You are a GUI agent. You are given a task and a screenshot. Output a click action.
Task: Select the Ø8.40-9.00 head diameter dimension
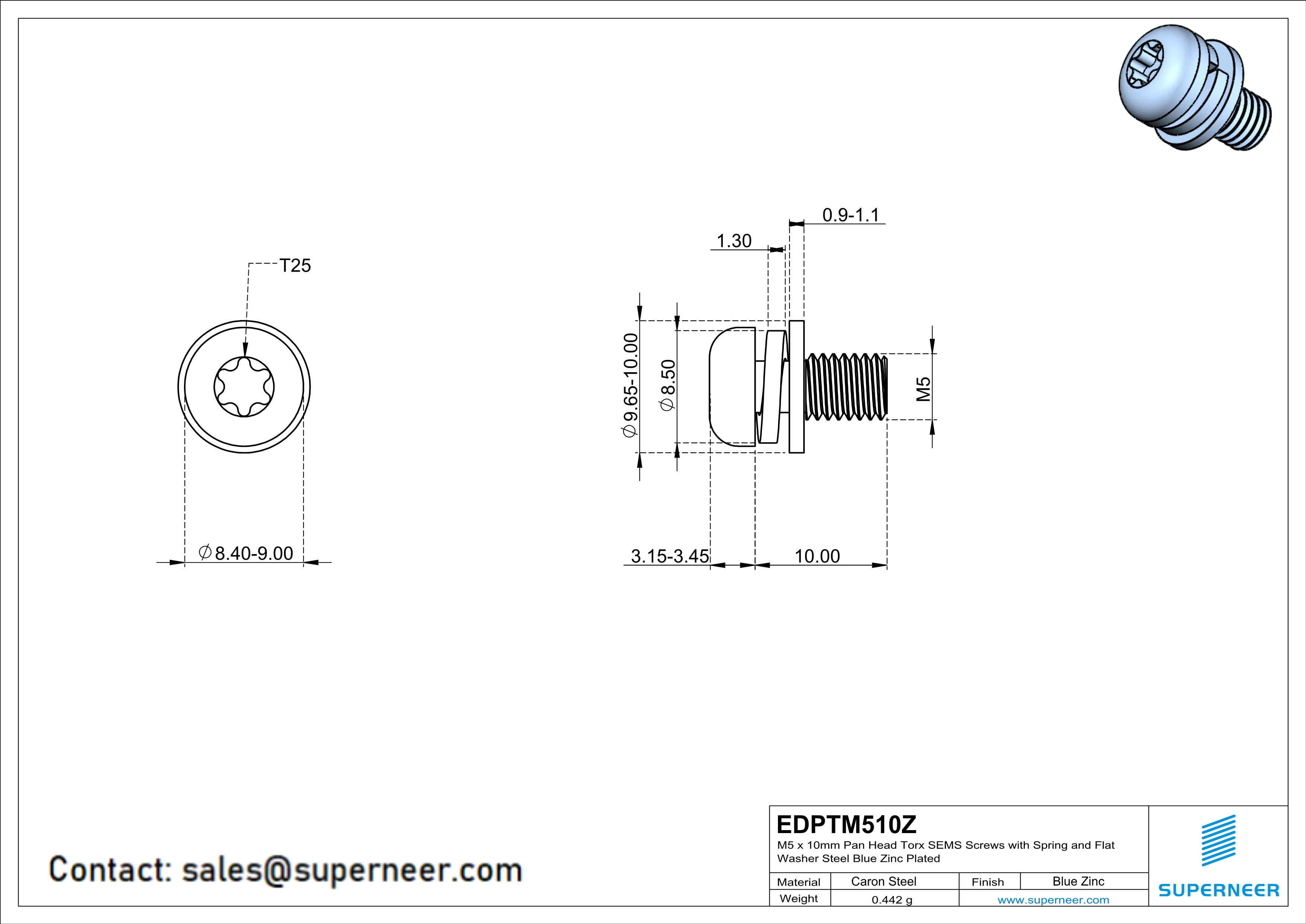point(246,553)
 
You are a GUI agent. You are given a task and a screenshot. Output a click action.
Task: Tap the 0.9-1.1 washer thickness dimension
point(851,215)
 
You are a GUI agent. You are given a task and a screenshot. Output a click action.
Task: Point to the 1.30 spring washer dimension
point(734,241)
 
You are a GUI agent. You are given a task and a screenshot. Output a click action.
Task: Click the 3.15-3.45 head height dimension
point(670,556)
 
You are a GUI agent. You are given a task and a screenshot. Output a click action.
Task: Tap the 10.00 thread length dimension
point(817,556)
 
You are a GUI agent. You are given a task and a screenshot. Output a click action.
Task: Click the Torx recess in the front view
point(244,387)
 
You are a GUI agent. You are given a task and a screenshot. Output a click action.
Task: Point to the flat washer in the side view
point(796,387)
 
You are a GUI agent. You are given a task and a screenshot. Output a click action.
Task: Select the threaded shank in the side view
point(846,387)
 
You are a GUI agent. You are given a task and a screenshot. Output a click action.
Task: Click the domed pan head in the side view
point(732,386)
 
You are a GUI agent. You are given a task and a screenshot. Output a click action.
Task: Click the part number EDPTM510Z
point(846,825)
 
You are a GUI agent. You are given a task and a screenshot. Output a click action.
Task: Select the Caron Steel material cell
point(883,881)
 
